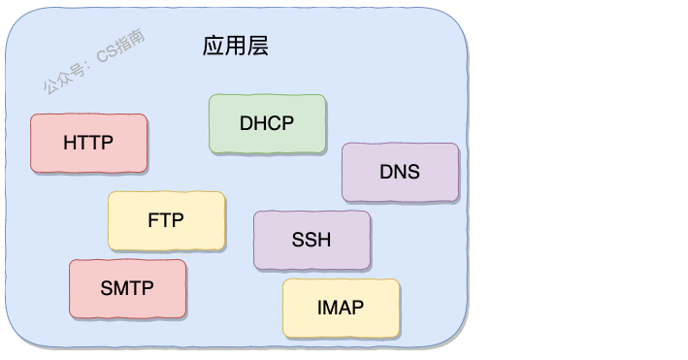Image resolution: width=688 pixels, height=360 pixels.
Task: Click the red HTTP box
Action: point(88,143)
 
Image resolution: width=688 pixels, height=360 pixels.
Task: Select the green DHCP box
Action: point(267,123)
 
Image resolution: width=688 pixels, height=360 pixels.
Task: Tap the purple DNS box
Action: point(400,172)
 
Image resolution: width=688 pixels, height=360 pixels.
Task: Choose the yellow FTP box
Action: point(166,220)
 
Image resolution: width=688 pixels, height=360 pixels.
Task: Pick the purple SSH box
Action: point(311,240)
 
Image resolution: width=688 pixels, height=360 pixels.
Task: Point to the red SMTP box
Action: point(127,288)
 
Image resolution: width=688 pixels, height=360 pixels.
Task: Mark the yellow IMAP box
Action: point(341,308)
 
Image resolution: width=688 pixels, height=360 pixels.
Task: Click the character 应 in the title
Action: point(213,46)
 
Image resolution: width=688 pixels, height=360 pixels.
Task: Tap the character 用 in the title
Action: point(236,46)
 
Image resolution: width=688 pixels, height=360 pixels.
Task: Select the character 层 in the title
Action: point(258,46)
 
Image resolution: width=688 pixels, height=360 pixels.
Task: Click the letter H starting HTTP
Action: point(70,143)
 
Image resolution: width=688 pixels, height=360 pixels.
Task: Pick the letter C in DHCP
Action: point(275,123)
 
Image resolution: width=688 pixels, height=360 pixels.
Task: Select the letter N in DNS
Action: point(400,172)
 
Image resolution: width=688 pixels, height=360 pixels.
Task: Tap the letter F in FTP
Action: point(153,220)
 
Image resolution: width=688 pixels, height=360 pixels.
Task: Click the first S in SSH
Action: point(297,240)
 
